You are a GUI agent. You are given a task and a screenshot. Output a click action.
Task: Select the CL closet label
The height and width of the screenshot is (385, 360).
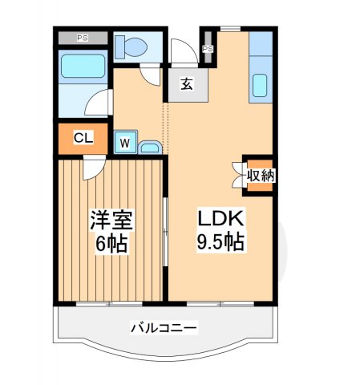(83, 138)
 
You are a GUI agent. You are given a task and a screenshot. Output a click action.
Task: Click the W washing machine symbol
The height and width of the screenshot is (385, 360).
(125, 143)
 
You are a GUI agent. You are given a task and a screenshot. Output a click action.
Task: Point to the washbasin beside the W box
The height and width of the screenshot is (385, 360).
(149, 146)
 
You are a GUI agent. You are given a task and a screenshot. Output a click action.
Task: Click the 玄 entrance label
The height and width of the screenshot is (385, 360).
(186, 83)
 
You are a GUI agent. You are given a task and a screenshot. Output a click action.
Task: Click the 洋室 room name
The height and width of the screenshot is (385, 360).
(111, 220)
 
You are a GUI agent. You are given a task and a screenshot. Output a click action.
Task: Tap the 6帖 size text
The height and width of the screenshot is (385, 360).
(111, 243)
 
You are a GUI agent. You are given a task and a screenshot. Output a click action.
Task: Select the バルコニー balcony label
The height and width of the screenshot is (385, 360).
(164, 327)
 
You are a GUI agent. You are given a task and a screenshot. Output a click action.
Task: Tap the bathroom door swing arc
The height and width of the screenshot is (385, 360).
(97, 102)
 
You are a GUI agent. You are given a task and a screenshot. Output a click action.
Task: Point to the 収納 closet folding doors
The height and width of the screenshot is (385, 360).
(238, 175)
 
